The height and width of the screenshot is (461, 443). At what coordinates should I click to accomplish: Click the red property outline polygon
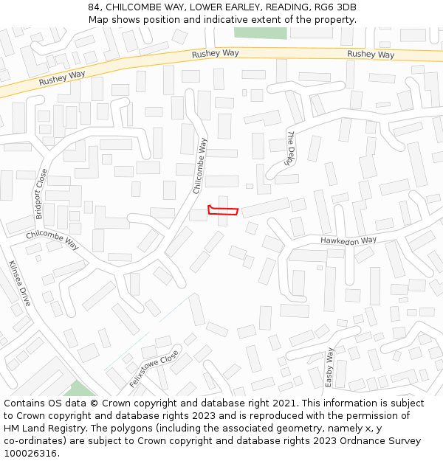224,212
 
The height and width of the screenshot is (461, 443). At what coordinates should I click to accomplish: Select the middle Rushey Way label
215,54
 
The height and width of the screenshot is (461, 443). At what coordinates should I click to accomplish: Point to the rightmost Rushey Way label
371,55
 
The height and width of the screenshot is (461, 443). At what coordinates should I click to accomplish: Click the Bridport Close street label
41,194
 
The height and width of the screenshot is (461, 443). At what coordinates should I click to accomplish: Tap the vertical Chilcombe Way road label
200,166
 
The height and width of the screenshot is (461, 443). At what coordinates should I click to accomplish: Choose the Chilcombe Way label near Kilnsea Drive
52,239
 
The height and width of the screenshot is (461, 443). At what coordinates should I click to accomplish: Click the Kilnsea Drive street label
20,283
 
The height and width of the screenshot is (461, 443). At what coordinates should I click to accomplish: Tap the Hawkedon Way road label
348,240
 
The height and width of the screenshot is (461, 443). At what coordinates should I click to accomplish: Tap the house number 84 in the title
93,7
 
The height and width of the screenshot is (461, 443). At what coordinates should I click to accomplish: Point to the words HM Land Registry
44,429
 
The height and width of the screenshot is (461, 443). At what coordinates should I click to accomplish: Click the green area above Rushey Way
260,32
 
